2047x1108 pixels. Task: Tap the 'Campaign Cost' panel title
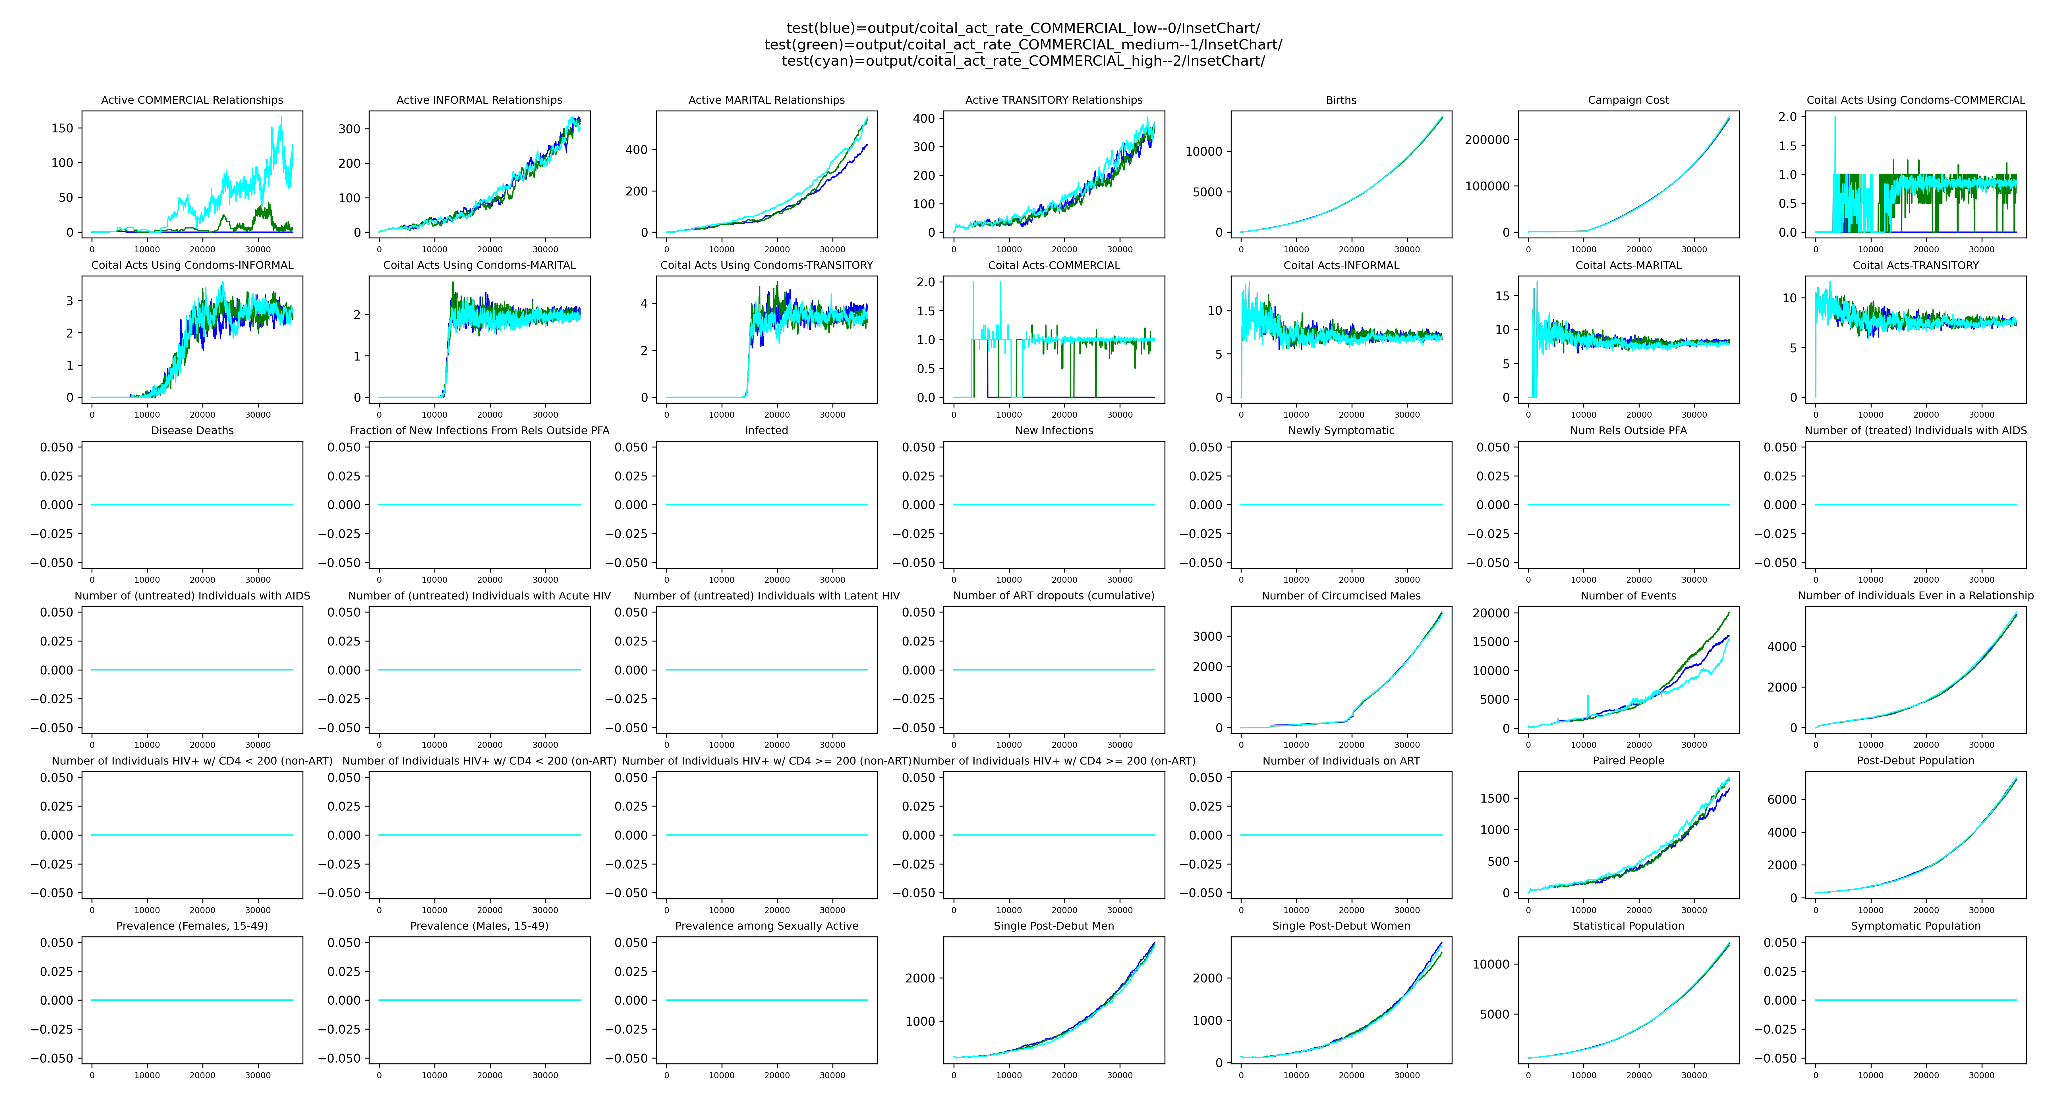click(1628, 100)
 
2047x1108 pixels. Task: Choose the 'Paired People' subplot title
click(1628, 761)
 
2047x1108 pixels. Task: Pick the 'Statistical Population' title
click(1628, 926)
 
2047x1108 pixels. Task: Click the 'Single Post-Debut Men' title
click(1054, 926)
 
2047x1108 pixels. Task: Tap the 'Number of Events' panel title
click(1628, 596)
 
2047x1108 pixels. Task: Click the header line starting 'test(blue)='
click(1023, 29)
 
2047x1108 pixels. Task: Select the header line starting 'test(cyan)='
click(1023, 61)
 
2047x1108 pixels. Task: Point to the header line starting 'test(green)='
click(1023, 45)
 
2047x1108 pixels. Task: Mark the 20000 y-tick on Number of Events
click(1490, 613)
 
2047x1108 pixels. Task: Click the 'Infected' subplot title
click(766, 430)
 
